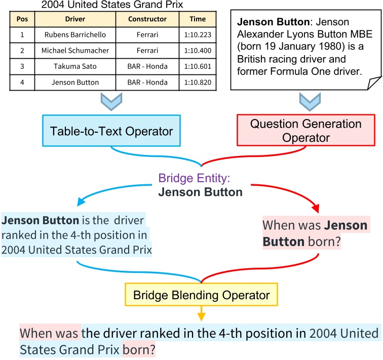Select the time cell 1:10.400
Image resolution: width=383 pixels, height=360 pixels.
tap(198, 51)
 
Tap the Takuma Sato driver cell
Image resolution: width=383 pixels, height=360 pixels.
tap(75, 66)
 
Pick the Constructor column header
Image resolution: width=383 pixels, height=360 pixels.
tap(147, 19)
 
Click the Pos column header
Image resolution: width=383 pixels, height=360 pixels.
tap(22, 19)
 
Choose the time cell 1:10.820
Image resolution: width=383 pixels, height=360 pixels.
tap(198, 82)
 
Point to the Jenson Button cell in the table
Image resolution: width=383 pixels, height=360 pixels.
tap(75, 82)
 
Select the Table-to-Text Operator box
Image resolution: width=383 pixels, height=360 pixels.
tap(111, 132)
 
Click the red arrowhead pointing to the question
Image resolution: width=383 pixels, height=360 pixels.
tap(317, 209)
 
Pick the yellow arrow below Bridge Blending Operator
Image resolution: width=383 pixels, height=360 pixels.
tap(201, 315)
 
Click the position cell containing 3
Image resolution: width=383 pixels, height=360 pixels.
tap(22, 66)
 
